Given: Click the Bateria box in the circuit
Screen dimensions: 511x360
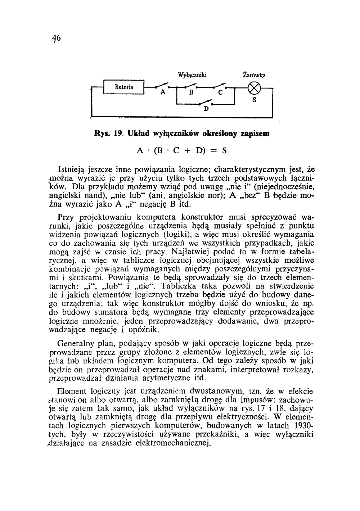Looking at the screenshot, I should [x=124, y=87].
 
